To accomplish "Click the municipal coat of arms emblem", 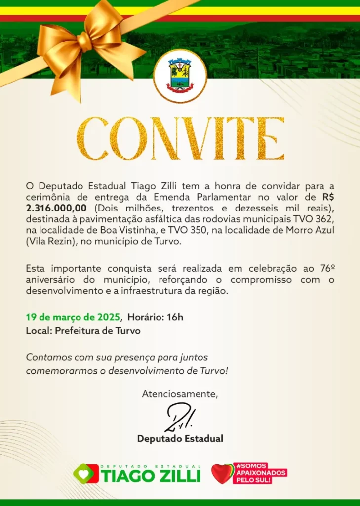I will tap(180, 76).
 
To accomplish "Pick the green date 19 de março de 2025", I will tap(73, 317).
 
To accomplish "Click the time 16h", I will tap(174, 317).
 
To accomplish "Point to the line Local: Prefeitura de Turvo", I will tap(83, 331).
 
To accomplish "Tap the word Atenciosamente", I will tap(180, 394).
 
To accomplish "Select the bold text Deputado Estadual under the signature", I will tap(180, 438).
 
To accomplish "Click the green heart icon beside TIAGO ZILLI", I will tap(85, 473).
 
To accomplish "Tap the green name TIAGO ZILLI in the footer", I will tap(151, 476).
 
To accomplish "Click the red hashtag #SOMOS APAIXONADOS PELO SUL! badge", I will tap(260, 472).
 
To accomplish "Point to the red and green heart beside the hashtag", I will tap(221, 473).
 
